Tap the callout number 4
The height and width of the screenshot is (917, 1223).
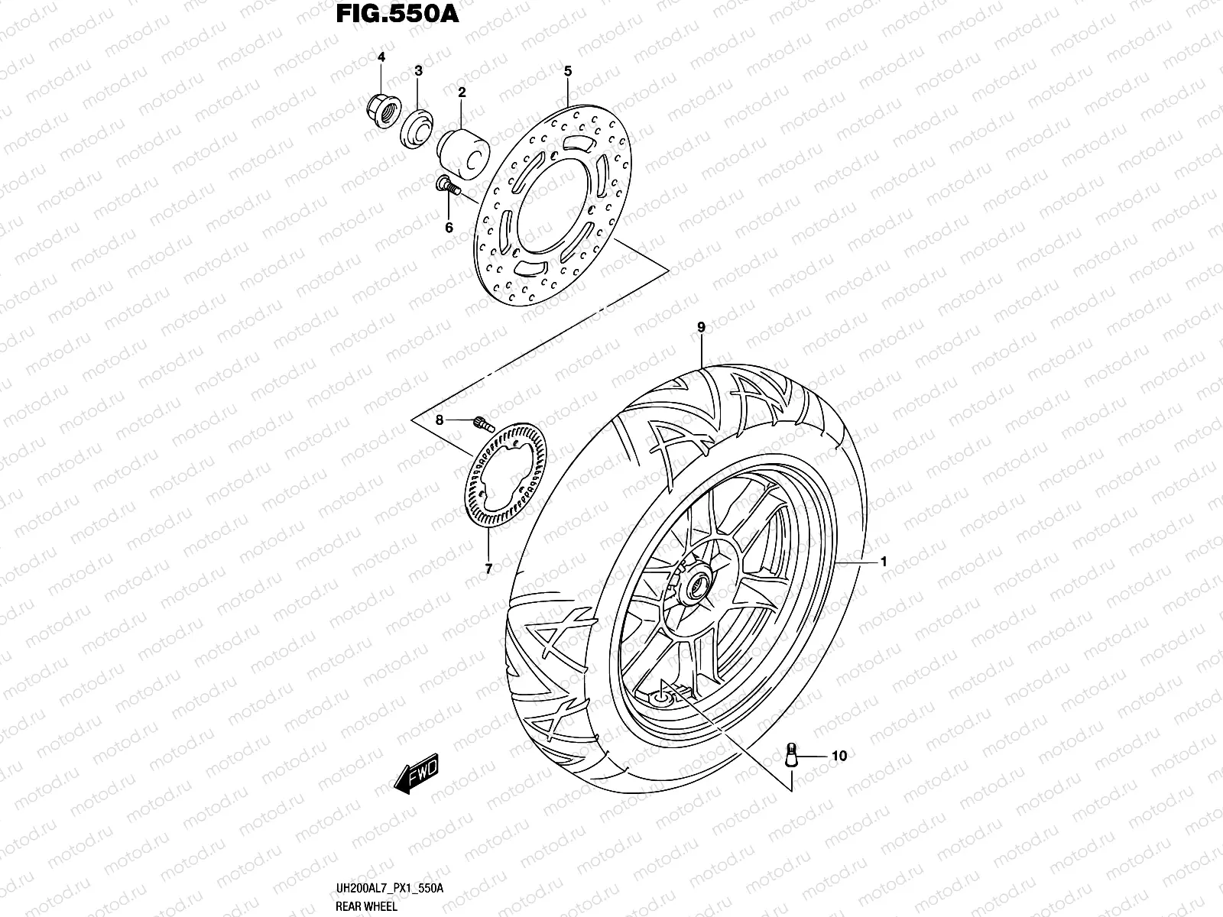coord(381,58)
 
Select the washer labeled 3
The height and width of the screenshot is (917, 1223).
coord(417,125)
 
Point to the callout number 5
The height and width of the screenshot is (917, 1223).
coord(568,71)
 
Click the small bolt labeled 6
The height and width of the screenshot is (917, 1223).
coord(448,186)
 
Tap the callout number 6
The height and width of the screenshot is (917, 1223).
coord(449,228)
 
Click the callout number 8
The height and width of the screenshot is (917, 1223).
coord(440,420)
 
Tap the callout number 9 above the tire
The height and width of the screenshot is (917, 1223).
coord(701,327)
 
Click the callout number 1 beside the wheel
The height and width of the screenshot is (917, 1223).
coord(883,562)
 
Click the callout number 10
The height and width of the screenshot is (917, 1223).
coord(839,756)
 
